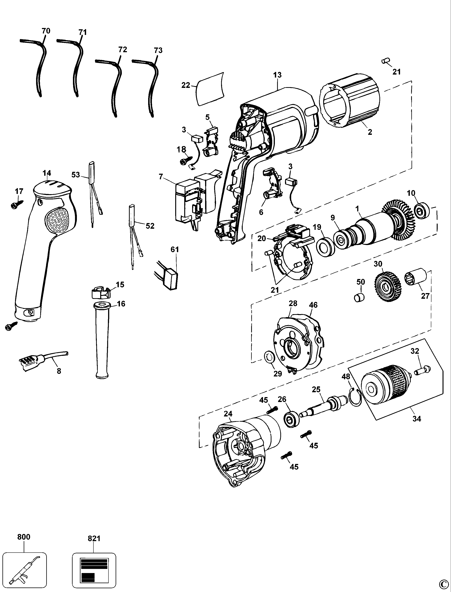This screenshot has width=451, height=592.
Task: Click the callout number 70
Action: (x=46, y=31)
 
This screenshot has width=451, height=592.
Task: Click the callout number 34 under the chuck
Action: (x=417, y=426)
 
